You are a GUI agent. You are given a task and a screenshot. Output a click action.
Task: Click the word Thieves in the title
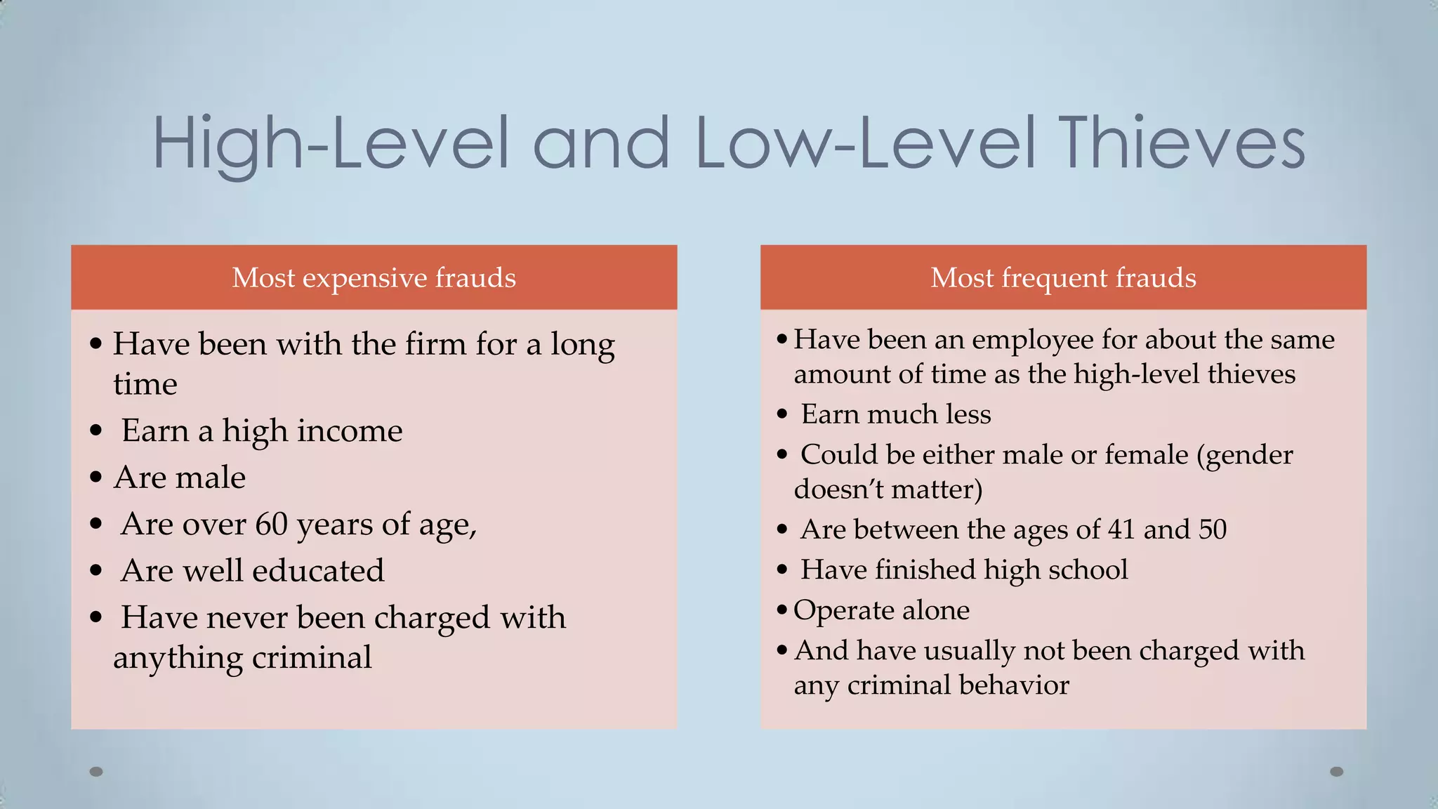coord(1184,143)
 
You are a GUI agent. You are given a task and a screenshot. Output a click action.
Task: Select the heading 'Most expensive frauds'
coord(374,278)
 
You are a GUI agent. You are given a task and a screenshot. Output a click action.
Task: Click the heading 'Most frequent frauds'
coord(1063,278)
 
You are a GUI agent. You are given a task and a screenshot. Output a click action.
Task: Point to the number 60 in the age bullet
coord(271,524)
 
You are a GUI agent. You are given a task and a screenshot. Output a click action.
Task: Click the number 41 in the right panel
coord(1121,530)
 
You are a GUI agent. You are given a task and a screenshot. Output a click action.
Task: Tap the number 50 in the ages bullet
coord(1212,530)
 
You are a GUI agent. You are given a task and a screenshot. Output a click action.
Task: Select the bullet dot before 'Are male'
coord(96,478)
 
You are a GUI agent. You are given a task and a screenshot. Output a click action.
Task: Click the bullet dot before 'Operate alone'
coord(782,610)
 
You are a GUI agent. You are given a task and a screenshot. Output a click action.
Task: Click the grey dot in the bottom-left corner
coord(96,772)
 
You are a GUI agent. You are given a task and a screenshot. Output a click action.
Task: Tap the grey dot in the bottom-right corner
coord(1337,772)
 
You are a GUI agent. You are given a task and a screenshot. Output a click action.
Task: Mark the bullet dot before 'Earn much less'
coord(782,414)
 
